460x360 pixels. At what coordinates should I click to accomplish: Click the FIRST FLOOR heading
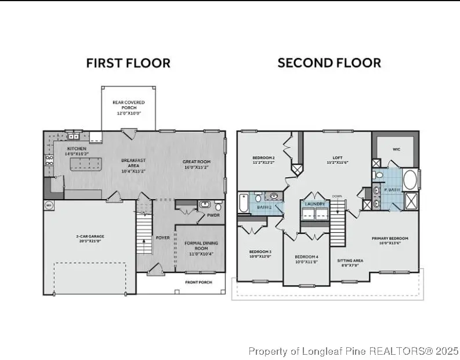[x=128, y=63]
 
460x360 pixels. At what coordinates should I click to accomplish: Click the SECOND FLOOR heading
[x=329, y=63]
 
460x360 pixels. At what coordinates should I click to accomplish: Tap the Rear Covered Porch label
[x=128, y=106]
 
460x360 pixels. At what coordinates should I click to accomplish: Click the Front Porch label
[x=198, y=283]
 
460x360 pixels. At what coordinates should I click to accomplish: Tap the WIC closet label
[x=396, y=149]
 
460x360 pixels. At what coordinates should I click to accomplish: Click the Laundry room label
[x=314, y=204]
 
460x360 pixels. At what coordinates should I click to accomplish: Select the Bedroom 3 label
[x=260, y=253]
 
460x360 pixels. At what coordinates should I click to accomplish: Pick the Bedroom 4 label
[x=306, y=260]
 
